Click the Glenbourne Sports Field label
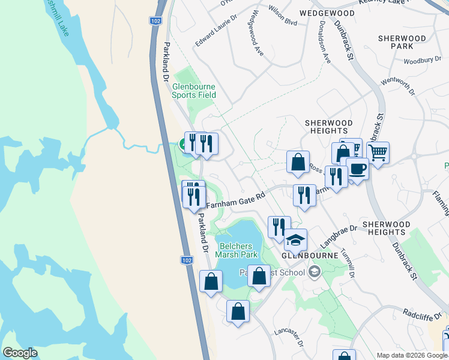click(x=194, y=91)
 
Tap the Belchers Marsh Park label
click(x=238, y=250)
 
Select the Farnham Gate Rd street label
click(x=236, y=200)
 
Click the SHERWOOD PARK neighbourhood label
click(x=402, y=42)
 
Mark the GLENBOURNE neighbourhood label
click(x=305, y=254)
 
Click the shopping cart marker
click(x=378, y=153)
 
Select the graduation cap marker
click(x=295, y=240)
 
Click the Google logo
click(x=20, y=352)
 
